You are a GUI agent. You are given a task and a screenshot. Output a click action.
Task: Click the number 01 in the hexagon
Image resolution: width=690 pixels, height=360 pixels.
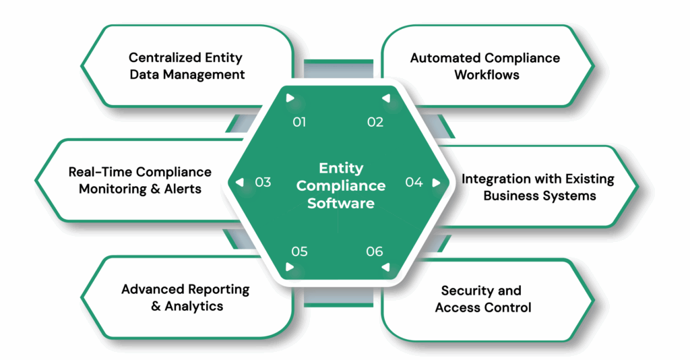point(299,122)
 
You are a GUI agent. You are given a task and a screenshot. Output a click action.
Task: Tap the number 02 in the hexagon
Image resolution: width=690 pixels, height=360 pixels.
point(375,122)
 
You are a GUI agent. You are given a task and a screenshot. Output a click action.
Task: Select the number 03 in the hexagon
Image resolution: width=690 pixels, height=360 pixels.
point(263,182)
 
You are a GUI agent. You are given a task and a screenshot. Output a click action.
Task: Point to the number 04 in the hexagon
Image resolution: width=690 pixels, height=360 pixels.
point(414,182)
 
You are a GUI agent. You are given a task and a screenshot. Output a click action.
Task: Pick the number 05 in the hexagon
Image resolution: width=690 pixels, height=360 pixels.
point(299,251)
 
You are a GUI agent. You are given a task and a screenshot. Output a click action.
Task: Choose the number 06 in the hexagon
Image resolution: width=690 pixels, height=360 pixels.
point(375,251)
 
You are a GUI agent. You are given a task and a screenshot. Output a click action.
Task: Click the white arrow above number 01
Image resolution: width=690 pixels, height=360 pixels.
point(290,98)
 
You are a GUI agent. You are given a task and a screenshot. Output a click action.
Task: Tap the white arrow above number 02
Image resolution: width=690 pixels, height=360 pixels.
point(386,98)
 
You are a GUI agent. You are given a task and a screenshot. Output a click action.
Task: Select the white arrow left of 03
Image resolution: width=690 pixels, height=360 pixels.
point(239,182)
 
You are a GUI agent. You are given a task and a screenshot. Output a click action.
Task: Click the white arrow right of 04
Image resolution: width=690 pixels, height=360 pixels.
point(436,182)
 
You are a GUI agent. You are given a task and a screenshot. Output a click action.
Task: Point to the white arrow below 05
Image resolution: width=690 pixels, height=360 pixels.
point(290,267)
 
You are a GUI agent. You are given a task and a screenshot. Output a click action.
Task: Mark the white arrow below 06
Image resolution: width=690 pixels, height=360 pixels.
point(386,267)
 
